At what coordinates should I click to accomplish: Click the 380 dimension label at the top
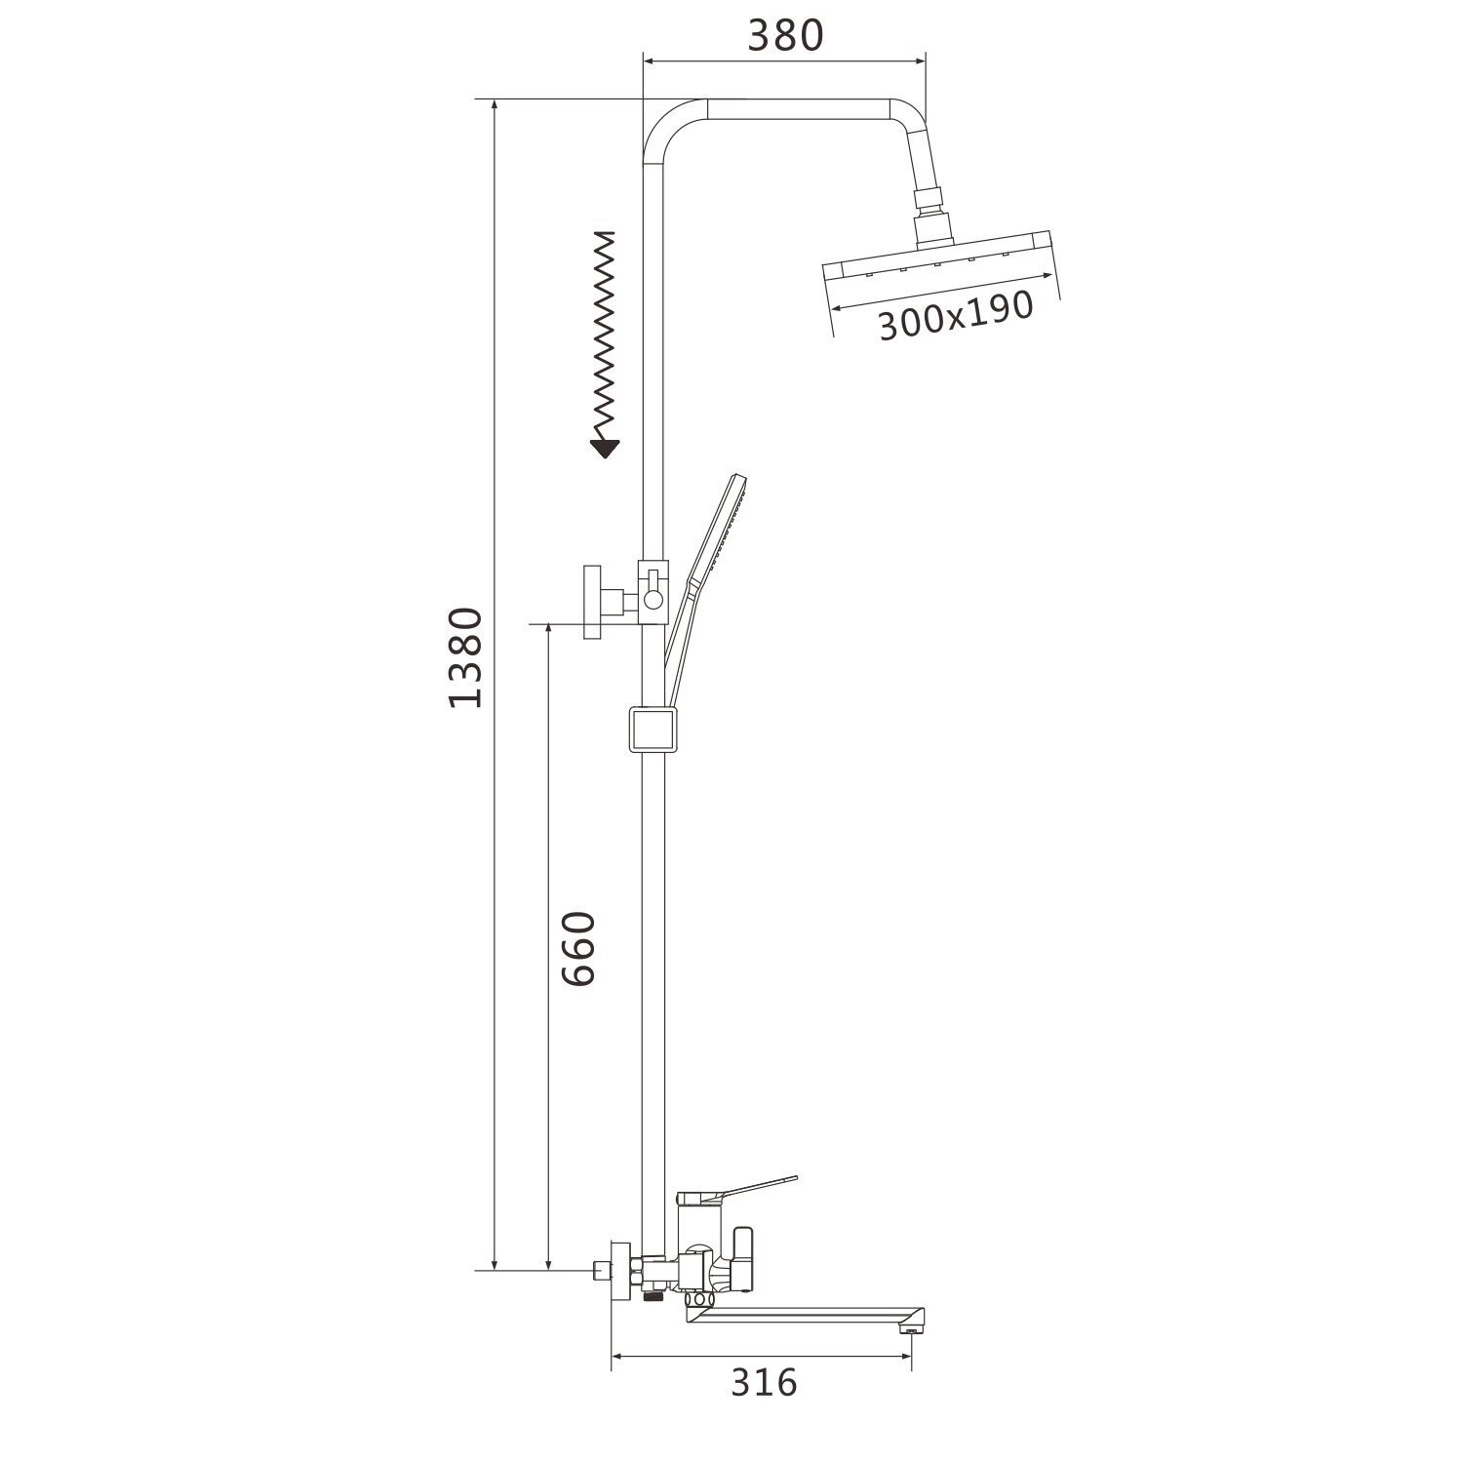coord(786,35)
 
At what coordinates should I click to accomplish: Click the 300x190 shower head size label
coord(956,315)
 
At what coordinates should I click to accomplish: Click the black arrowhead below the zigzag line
coord(605,448)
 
